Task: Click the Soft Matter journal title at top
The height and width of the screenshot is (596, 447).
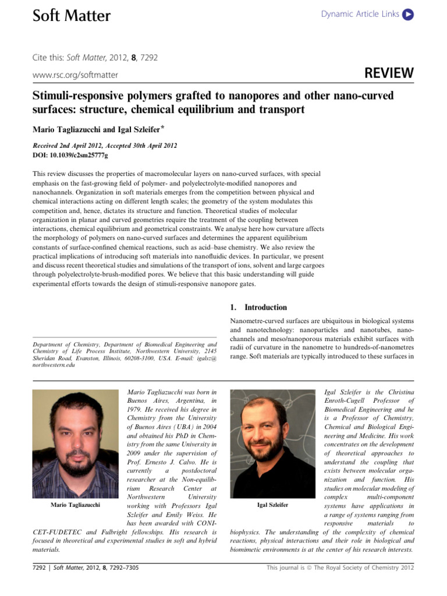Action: click(70, 16)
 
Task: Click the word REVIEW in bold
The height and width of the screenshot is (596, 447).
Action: click(389, 73)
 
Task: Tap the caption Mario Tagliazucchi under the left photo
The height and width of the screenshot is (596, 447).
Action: click(76, 505)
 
